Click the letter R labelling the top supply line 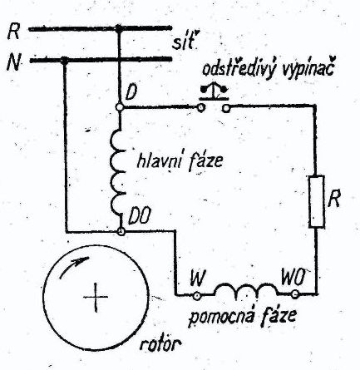pos(14,31)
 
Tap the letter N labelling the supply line pos(14,62)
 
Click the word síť pos(183,43)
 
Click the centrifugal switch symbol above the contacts pos(215,91)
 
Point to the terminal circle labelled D pos(120,107)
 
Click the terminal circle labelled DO pos(121,231)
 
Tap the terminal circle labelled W pos(197,296)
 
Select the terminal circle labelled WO pos(295,294)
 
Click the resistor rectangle pos(317,201)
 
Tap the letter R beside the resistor pos(333,198)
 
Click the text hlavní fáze pos(180,161)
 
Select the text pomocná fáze pos(242,317)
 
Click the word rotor pos(160,344)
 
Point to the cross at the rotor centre pos(96,298)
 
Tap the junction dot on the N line pos(64,60)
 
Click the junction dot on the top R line pos(119,28)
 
